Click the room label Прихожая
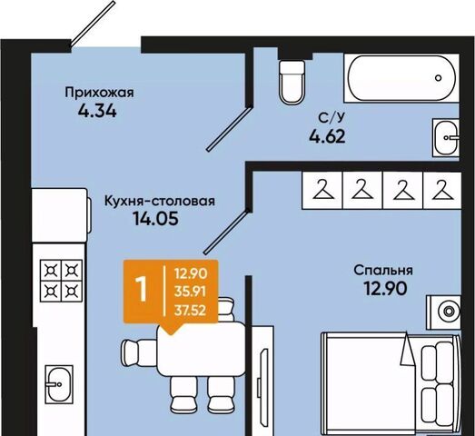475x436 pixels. point(99,93)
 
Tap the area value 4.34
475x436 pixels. point(97,111)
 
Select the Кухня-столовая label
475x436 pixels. point(160,201)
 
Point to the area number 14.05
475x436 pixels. point(155,219)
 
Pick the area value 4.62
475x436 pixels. point(327,136)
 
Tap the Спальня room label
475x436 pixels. point(383,270)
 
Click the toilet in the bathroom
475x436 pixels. point(292,83)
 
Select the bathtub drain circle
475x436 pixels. point(438,78)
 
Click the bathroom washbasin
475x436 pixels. point(446,138)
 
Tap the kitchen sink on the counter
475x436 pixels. point(59,384)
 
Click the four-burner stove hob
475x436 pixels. point(61,281)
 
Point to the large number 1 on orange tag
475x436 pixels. point(141,290)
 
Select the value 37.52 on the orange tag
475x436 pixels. point(190,311)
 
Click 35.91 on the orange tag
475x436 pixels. point(190,292)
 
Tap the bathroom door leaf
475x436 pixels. point(229,128)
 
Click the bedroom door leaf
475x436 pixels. point(227,232)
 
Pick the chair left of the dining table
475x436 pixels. point(139,351)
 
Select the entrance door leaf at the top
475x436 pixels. point(93,24)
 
